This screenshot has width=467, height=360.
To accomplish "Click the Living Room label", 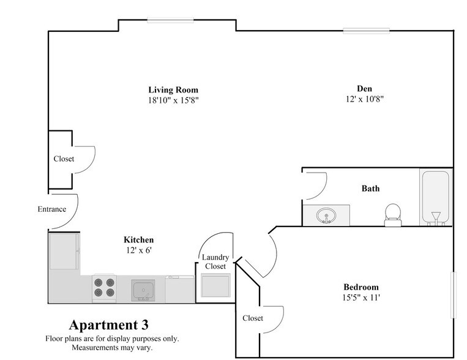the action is coord(173,90).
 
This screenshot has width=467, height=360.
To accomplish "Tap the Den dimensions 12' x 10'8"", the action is coord(365,99).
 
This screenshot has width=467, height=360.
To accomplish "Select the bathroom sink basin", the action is coord(326,216).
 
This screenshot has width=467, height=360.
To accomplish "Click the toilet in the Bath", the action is coord(393,215).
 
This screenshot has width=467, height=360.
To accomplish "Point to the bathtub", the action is coord(436,197).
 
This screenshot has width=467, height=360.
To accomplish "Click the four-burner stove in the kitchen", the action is coord(104,287).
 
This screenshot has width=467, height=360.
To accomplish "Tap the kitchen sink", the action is coord(143,290).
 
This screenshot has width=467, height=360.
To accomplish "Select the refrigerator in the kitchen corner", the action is coord(64,251).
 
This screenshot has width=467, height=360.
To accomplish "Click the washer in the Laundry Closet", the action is coord(215,285).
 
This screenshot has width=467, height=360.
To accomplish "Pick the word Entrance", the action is coord(52,209).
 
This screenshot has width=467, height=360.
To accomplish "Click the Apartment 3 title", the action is coord(109,325).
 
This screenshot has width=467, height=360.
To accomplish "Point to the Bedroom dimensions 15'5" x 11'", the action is coord(361,298).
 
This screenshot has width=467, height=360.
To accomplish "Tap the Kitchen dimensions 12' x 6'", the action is coord(139,250).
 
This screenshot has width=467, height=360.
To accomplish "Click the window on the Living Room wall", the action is coord(170,20).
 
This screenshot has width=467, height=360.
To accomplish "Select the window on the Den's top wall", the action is coord(366,31).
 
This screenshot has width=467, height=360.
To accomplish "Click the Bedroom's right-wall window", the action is coord(454,295).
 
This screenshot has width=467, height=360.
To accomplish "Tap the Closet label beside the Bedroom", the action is coord(253,318).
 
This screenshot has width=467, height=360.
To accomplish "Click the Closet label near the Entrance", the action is coord(64,159).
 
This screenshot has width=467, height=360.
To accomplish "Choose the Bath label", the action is coord(370,189).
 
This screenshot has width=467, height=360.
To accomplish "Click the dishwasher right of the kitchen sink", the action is coord(180,289).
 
